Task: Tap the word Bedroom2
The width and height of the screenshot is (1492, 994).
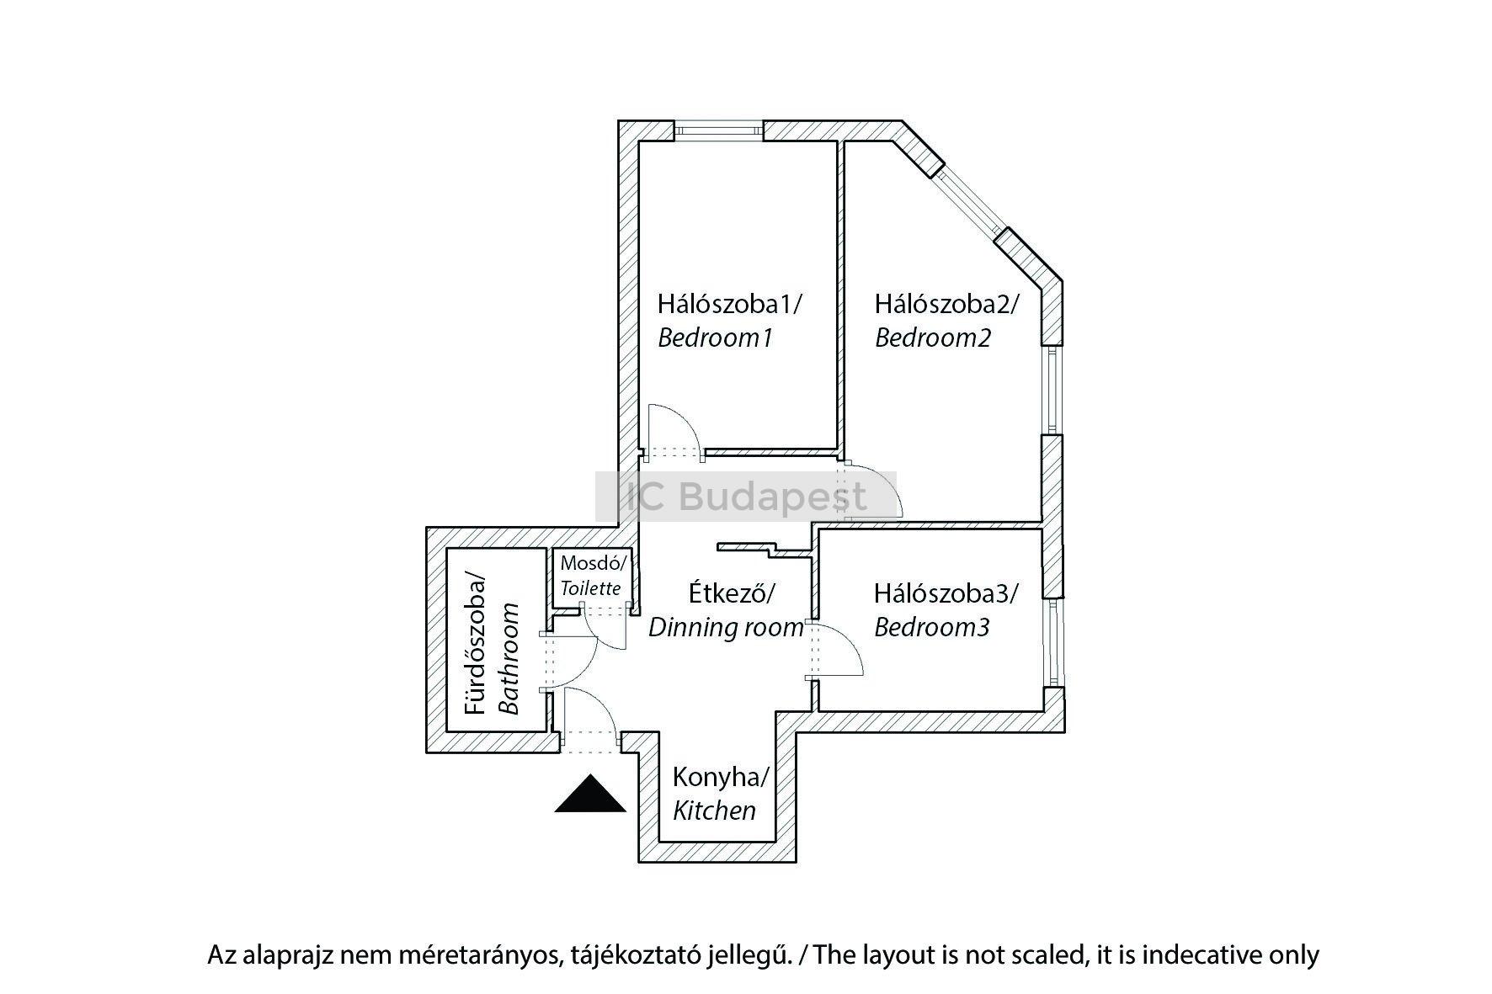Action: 933,338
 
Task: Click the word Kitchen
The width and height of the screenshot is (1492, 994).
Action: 714,811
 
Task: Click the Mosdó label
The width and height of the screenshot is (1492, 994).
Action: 594,562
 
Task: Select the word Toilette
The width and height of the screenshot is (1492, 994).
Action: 591,588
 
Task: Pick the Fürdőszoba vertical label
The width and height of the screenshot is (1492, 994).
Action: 477,646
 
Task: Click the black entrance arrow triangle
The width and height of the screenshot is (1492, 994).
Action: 590,795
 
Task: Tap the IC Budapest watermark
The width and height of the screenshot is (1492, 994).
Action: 746,497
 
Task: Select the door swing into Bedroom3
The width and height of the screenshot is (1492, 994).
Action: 838,650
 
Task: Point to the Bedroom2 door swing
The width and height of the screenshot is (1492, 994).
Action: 876,490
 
